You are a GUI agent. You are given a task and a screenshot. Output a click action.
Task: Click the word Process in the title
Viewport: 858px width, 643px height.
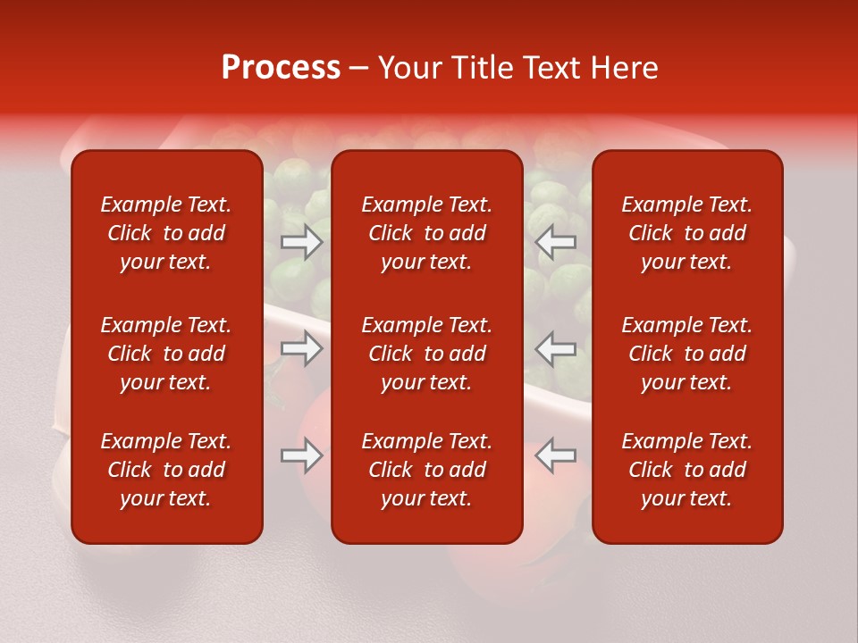pyautogui.click(x=281, y=68)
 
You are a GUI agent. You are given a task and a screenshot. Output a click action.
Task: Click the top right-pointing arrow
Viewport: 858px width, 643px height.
pyautogui.click(x=302, y=242)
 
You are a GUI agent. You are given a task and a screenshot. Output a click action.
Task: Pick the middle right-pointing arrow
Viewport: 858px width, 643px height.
pyautogui.click(x=302, y=348)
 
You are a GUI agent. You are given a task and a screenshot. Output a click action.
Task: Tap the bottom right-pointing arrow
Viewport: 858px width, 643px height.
pyautogui.click(x=302, y=455)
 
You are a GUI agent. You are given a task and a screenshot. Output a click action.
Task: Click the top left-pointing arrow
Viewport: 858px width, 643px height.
pyautogui.click(x=555, y=242)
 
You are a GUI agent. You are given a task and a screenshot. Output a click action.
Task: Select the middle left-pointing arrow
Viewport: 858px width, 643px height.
pyautogui.click(x=555, y=348)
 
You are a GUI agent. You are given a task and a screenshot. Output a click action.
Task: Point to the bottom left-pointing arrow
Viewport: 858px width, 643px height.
pyautogui.click(x=555, y=455)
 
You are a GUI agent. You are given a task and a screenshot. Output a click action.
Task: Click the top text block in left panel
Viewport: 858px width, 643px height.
pyautogui.click(x=166, y=233)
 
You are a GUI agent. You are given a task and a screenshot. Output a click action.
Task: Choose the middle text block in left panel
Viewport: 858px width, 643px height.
pyautogui.click(x=166, y=354)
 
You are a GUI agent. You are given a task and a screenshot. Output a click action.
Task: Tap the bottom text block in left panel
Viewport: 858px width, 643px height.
pyautogui.click(x=166, y=470)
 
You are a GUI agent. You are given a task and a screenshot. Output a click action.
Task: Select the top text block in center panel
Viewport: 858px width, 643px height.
pyautogui.click(x=427, y=233)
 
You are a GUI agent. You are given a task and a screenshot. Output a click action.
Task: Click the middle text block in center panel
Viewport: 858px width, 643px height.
pyautogui.click(x=427, y=354)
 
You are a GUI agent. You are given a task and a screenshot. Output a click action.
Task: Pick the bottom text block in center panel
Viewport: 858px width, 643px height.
pyautogui.click(x=427, y=470)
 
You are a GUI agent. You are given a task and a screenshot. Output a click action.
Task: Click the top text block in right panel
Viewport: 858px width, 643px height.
pyautogui.click(x=687, y=233)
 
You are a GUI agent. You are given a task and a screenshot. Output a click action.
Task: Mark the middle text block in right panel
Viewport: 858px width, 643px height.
pyautogui.click(x=687, y=354)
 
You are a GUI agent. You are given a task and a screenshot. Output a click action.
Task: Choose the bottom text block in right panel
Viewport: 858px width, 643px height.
pyautogui.click(x=687, y=470)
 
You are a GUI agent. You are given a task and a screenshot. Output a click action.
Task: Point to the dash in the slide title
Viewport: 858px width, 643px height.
pyautogui.click(x=359, y=69)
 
